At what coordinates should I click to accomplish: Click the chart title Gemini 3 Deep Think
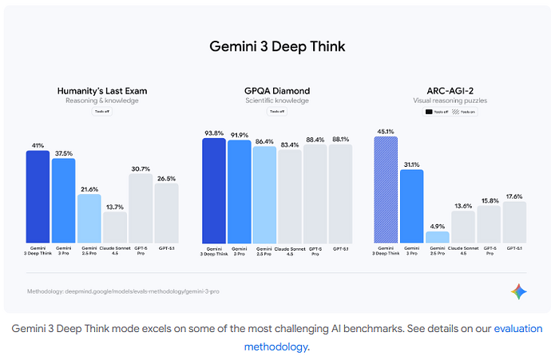[276, 46]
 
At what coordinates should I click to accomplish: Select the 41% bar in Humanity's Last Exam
[38, 196]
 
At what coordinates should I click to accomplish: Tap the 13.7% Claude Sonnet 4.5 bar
[115, 227]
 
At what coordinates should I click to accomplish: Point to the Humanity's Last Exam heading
[102, 91]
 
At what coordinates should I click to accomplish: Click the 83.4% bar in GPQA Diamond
[290, 196]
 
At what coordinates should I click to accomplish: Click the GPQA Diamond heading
[277, 91]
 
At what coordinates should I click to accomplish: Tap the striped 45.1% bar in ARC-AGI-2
[386, 189]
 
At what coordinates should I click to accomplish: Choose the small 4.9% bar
[438, 237]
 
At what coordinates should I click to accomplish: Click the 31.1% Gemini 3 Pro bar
[412, 206]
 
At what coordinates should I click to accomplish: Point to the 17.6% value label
[514, 196]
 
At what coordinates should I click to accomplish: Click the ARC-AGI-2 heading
[450, 91]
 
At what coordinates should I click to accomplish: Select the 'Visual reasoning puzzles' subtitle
[450, 101]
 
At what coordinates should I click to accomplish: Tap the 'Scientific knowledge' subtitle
[277, 101]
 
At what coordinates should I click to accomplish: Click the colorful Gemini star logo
[519, 292]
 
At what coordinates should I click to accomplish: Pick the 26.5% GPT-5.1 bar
[166, 213]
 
